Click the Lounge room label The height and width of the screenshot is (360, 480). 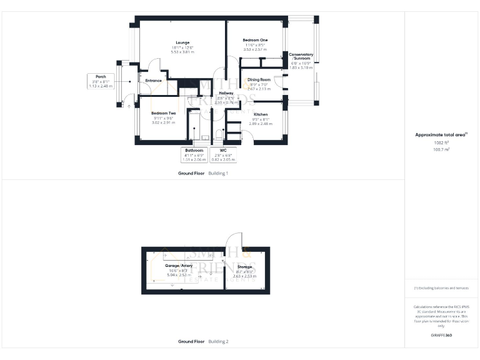coord(182,42)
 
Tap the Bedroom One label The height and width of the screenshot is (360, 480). coord(254,40)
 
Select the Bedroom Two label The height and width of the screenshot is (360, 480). coord(163,113)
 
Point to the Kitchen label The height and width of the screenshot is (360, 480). coord(261,114)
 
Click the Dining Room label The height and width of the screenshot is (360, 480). coord(259,80)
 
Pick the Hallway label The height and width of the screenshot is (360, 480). coord(226,93)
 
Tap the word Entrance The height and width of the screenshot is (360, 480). coord(154,81)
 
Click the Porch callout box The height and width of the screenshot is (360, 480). coord(101,81)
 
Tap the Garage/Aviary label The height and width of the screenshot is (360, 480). coord(179,266)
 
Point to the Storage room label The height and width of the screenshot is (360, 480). coord(244,267)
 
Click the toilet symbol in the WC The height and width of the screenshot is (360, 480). coord(219,134)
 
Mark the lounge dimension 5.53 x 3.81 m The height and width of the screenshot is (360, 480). coord(182,52)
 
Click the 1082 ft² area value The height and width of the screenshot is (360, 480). coord(441,142)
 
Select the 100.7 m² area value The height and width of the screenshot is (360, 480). coord(441,149)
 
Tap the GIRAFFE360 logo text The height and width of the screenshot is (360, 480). coord(441,336)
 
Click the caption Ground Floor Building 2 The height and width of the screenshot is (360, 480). coord(203,342)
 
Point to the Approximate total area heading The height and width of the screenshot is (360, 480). coord(441,134)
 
